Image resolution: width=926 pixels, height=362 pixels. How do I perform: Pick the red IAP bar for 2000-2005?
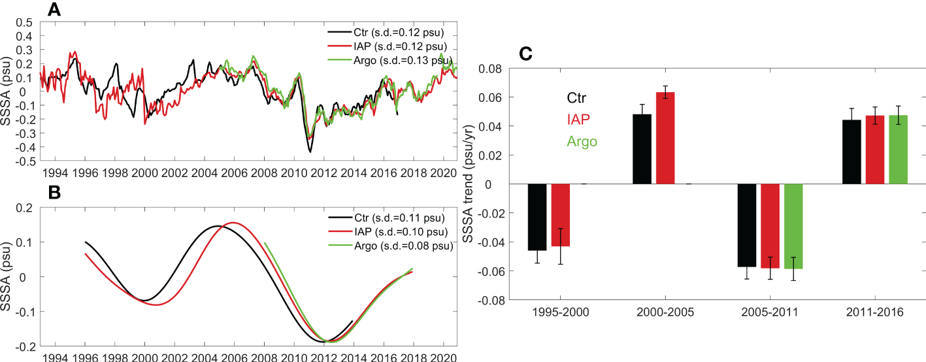pyautogui.click(x=665, y=138)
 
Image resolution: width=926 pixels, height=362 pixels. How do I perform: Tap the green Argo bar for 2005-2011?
pyautogui.click(x=793, y=226)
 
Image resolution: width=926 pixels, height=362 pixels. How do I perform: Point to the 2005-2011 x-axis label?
pyautogui.click(x=770, y=312)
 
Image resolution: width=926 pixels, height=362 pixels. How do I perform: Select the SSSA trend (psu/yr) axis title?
pyautogui.click(x=469, y=184)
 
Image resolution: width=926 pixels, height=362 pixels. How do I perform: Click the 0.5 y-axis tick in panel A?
pyautogui.click(x=25, y=22)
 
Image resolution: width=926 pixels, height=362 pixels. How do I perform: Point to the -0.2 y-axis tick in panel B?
pyautogui.click(x=24, y=346)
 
